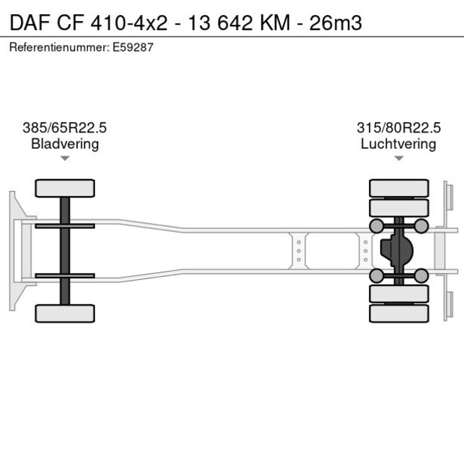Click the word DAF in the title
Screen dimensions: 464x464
(28, 22)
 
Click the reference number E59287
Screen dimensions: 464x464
(135, 48)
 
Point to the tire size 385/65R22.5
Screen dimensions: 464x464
(65, 128)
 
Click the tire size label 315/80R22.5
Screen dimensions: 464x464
(398, 128)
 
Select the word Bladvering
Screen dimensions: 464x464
(65, 144)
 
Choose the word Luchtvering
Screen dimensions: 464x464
(398, 144)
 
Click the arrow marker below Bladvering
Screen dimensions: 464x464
(65, 159)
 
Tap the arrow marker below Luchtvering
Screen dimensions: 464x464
(398, 159)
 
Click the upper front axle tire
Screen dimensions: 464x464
(65, 188)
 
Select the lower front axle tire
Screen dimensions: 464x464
(65, 313)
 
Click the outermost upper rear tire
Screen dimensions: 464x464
(399, 187)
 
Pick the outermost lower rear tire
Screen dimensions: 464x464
(399, 314)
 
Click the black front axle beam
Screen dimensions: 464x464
(65, 251)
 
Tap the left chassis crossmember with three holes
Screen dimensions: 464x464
(299, 251)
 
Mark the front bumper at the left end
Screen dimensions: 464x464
(13, 251)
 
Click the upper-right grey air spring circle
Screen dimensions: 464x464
(422, 226)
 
